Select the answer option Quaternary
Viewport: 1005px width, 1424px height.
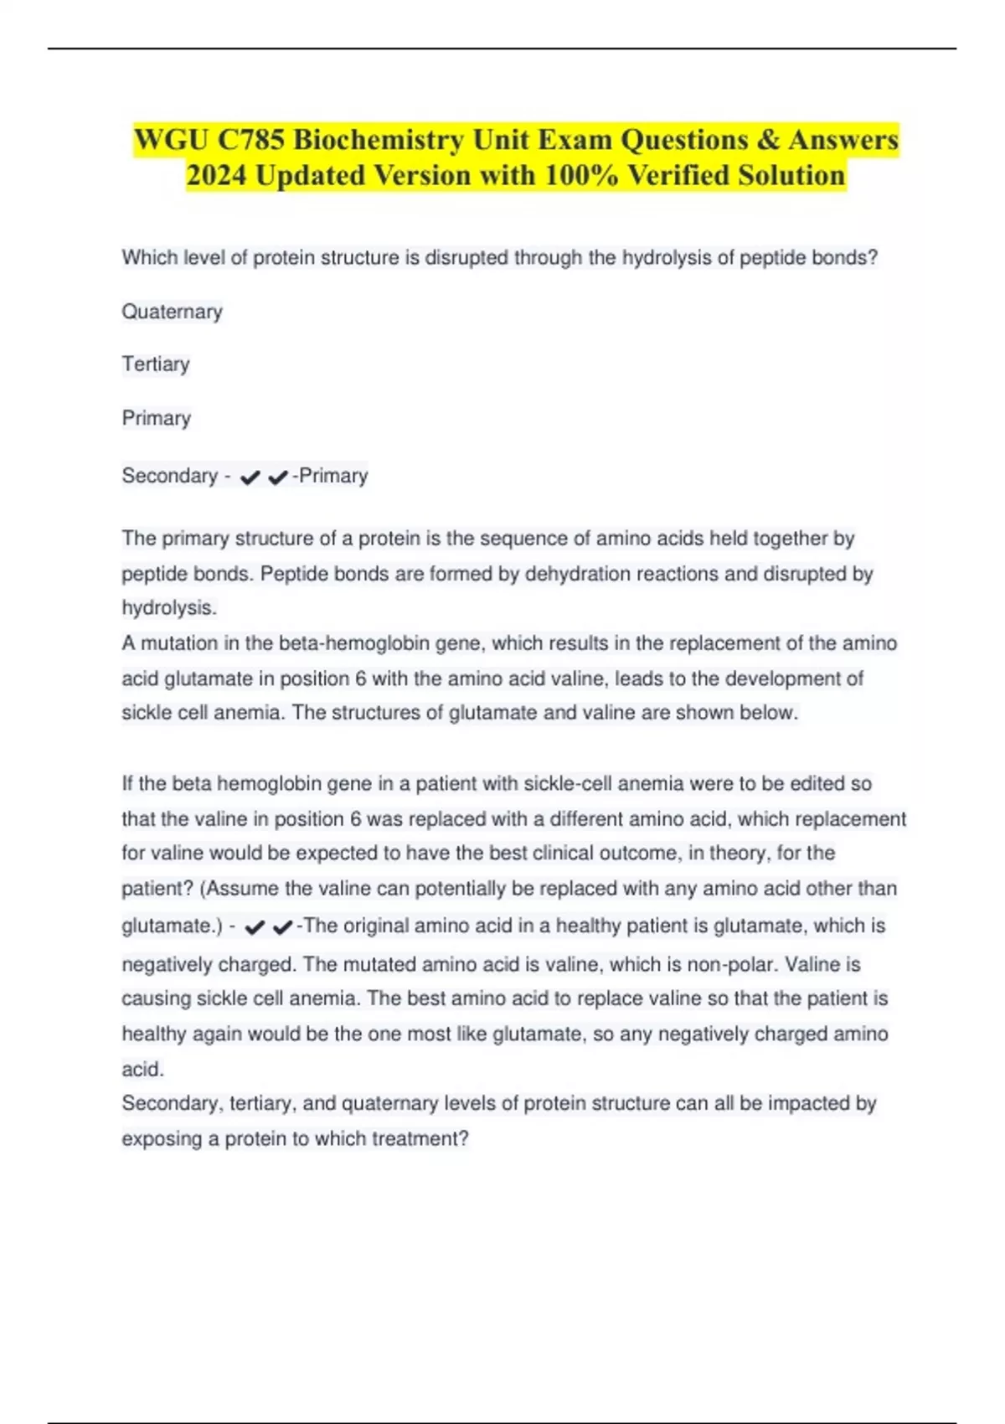[x=172, y=312]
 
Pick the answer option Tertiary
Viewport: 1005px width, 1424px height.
[x=156, y=364]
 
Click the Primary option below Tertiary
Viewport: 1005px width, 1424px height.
[x=156, y=418]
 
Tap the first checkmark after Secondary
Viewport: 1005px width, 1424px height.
[x=250, y=477]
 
